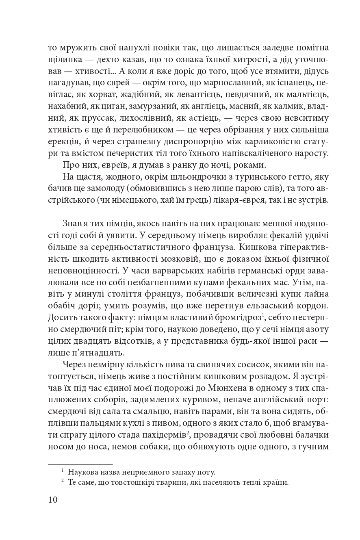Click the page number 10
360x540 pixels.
click(x=53, y=499)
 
